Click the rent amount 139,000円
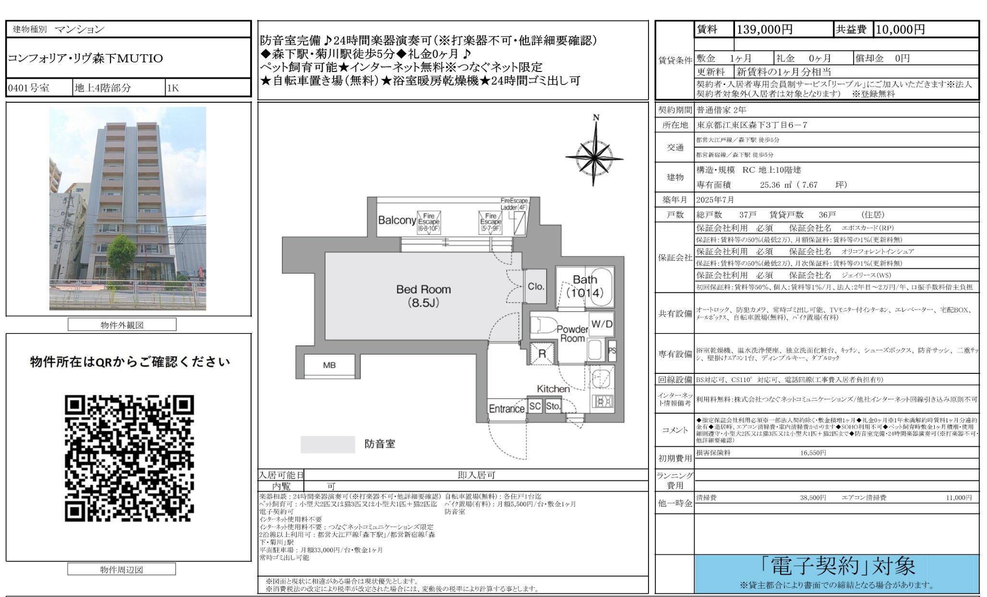(764, 30)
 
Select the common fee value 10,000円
(900, 30)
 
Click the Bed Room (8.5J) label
(423, 296)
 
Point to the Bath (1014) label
(585, 286)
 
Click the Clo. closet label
(536, 287)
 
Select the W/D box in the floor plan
(602, 324)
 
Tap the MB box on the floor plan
(329, 365)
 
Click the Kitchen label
(553, 389)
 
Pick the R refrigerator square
(542, 354)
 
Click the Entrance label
(506, 409)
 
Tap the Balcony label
(397, 220)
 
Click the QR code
(129, 458)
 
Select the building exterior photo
(128, 208)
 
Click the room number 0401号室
(29, 88)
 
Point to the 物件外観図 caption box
(122, 325)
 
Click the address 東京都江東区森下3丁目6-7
(752, 125)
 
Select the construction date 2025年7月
(715, 200)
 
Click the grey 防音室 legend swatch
(327, 444)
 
